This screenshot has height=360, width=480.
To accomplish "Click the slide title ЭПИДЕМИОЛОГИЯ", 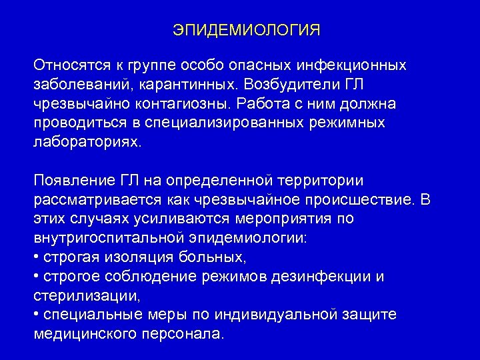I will coord(247,31).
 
